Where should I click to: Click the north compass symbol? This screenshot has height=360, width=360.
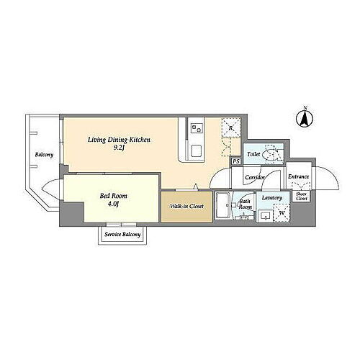pyautogui.click(x=305, y=118)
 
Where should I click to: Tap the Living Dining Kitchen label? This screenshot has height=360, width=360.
pyautogui.click(x=119, y=140)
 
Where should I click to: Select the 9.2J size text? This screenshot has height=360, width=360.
pyautogui.click(x=119, y=148)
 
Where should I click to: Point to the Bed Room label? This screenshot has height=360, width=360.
pyautogui.click(x=114, y=196)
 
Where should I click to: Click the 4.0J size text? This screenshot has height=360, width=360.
pyautogui.click(x=113, y=204)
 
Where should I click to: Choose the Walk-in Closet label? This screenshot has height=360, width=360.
pyautogui.click(x=186, y=206)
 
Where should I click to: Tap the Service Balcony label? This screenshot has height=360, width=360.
pyautogui.click(x=122, y=235)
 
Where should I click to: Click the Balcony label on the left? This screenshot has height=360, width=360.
pyautogui.click(x=44, y=155)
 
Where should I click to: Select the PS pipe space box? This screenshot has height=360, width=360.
pyautogui.click(x=236, y=161)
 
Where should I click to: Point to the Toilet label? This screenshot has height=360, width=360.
pyautogui.click(x=253, y=154)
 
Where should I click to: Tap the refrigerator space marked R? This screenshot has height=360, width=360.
pyautogui.click(x=231, y=127)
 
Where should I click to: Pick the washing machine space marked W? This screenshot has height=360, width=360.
pyautogui.click(x=282, y=213)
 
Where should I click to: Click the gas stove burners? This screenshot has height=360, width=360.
pyautogui.click(x=196, y=127)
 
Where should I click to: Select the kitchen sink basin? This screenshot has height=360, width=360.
pyautogui.click(x=197, y=151)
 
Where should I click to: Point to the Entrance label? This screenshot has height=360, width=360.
pyautogui.click(x=299, y=176)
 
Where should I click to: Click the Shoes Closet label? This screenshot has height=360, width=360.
pyautogui.click(x=302, y=196)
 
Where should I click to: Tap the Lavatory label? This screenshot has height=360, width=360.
pyautogui.click(x=272, y=198)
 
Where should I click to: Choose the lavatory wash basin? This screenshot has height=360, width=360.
pyautogui.click(x=266, y=216)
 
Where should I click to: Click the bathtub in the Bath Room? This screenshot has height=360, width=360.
pyautogui.click(x=223, y=205)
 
